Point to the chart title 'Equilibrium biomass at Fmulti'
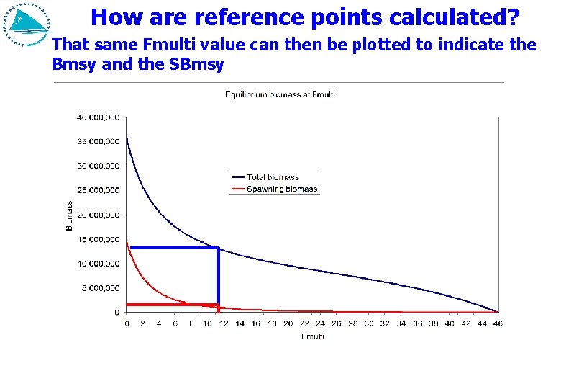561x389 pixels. [280, 94]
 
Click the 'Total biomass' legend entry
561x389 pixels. [273, 177]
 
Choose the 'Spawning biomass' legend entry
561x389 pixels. [281, 189]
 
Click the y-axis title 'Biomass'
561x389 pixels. [70, 215]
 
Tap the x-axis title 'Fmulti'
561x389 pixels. [312, 336]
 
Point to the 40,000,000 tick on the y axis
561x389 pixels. [99, 117]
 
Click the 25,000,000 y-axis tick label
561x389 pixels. [99, 190]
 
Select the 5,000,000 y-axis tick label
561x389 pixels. [101, 288]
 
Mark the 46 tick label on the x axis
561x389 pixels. [498, 324]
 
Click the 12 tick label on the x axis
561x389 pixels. [224, 324]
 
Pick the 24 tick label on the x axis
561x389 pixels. [320, 324]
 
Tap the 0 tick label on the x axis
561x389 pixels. [127, 324]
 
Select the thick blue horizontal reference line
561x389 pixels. [173, 248]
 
